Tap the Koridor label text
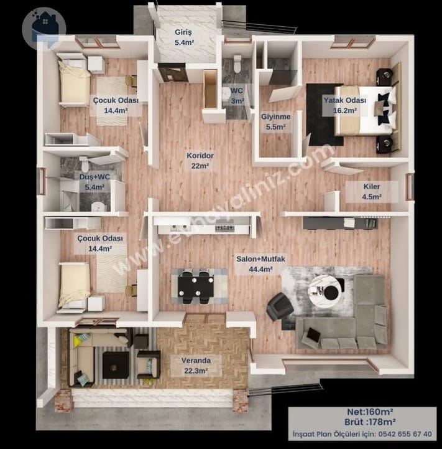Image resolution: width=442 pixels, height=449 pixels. (x=200, y=156)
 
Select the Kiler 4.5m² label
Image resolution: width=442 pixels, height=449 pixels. (x=372, y=192)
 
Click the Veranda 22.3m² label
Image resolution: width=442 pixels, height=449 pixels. (x=196, y=366)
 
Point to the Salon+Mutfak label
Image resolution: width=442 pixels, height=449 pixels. (x=260, y=259)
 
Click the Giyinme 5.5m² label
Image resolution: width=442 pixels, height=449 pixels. (x=276, y=121)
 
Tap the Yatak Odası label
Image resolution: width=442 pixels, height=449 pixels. (x=345, y=100)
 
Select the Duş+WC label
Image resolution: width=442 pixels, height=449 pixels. (x=94, y=177)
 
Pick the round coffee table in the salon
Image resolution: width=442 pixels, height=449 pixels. (x=325, y=291)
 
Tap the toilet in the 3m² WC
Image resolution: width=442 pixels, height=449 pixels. (x=237, y=64)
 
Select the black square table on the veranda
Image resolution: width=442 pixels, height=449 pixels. (x=116, y=365)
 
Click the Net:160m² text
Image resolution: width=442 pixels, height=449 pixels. (x=370, y=412)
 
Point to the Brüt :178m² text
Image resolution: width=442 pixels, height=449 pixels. (x=370, y=422)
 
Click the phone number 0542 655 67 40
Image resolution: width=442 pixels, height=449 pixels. (x=405, y=434)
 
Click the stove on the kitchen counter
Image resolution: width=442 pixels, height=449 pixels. (x=225, y=228)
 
